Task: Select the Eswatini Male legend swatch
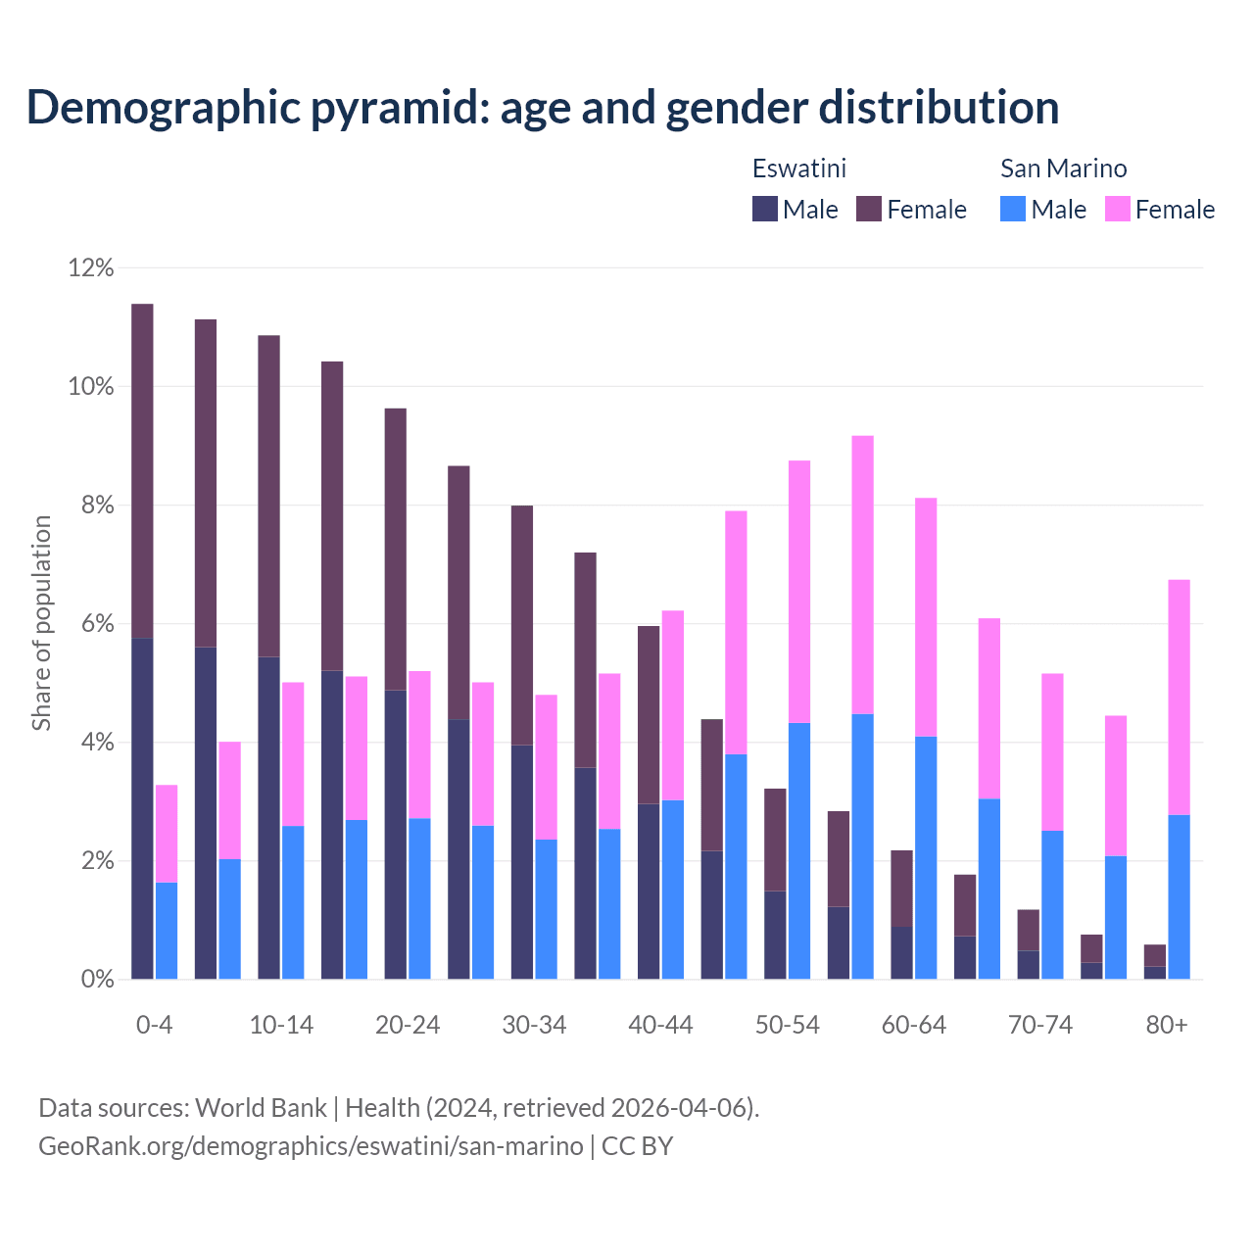[765, 209]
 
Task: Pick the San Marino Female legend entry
[1160, 209]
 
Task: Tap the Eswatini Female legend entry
[911, 209]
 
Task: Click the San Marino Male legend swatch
[1013, 209]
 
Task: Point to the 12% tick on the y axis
[91, 267]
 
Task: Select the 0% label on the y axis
[96, 979]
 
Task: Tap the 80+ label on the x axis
[1167, 1025]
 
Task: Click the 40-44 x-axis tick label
[660, 1025]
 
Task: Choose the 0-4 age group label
[154, 1025]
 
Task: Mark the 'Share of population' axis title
[41, 623]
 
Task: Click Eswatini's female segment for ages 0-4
[142, 470]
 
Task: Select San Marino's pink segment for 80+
[1179, 697]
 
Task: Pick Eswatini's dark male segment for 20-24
[395, 834]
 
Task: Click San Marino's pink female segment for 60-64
[926, 617]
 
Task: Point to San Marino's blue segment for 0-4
[167, 931]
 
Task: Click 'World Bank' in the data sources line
[261, 1108]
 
